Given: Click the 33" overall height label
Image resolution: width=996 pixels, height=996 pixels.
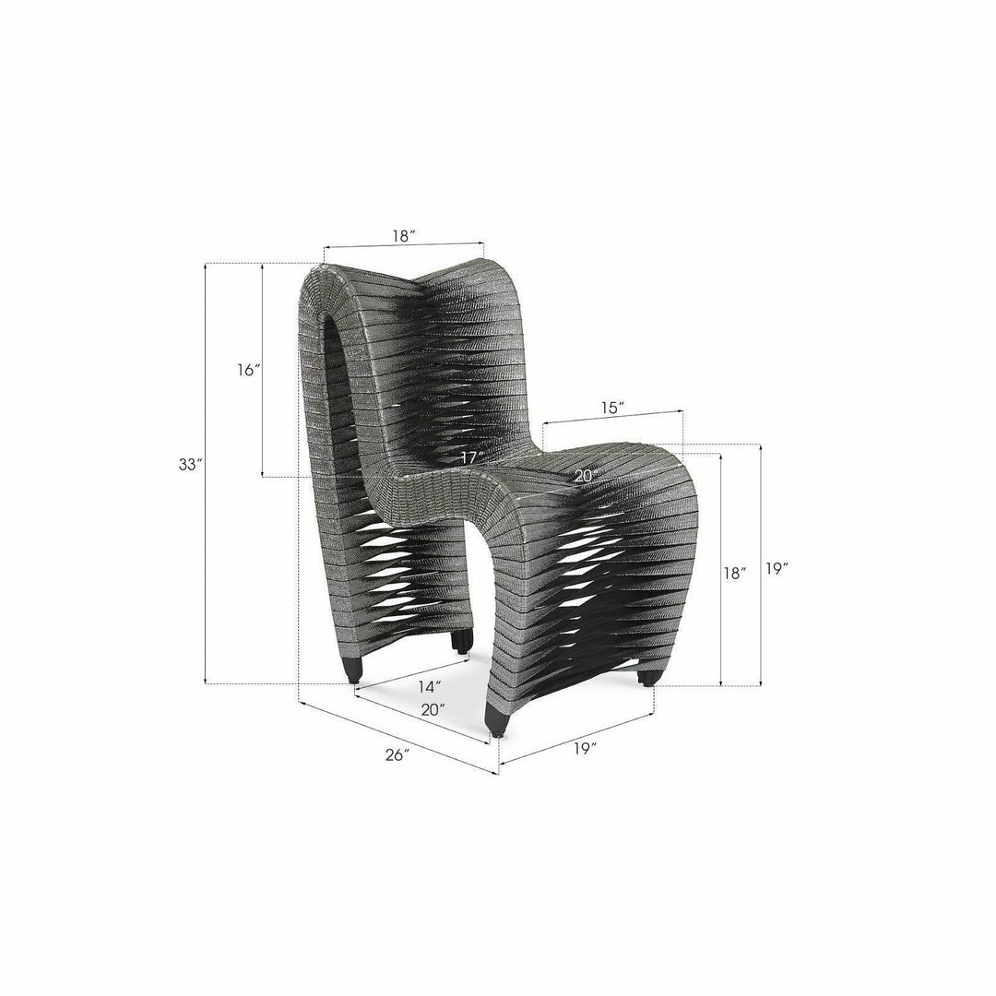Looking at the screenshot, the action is point(189,464).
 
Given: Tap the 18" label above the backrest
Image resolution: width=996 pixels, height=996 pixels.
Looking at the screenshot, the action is point(404,236).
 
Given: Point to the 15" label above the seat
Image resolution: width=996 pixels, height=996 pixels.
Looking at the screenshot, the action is point(611,408).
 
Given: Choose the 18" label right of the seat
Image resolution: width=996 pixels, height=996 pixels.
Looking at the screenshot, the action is point(735,573).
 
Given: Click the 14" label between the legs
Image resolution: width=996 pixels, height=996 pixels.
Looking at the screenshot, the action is point(430,687).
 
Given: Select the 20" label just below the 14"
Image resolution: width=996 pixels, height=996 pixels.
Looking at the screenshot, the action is point(433,709).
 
